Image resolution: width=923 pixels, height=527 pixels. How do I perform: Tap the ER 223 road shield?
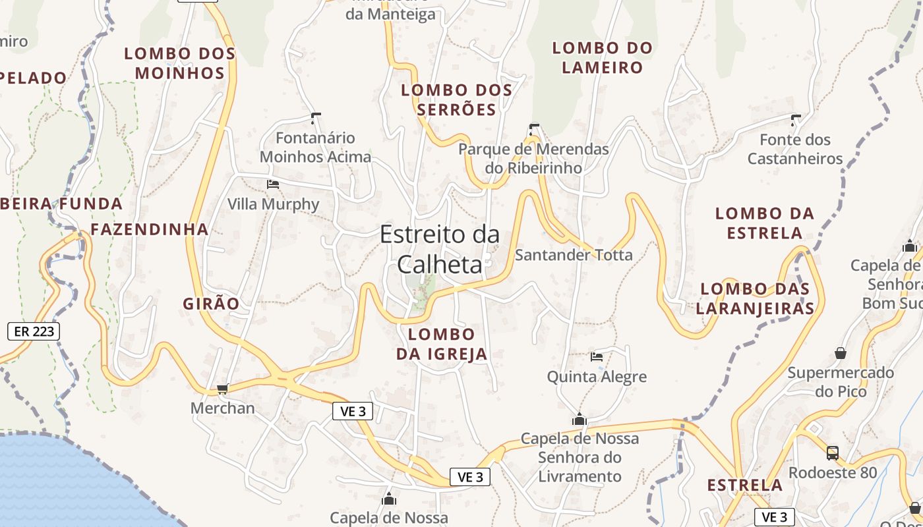(34, 331)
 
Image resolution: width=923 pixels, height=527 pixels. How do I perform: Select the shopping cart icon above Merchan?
(222, 389)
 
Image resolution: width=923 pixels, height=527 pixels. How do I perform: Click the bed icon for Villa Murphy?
(273, 184)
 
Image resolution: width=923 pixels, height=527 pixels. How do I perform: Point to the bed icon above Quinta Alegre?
(597, 357)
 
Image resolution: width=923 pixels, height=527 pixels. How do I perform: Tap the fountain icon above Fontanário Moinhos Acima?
(315, 119)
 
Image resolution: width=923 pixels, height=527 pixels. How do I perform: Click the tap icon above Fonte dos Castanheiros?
(795, 120)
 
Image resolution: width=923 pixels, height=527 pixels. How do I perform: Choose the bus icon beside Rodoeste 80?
(833, 453)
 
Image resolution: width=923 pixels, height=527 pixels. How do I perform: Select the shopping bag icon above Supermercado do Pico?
(841, 353)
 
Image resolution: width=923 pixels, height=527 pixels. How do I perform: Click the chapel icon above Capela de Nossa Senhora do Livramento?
(580, 418)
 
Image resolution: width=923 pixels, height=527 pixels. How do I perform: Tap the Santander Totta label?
(574, 255)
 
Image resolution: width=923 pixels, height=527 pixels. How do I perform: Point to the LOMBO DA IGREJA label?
(442, 344)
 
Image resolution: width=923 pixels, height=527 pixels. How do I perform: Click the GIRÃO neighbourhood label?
(211, 304)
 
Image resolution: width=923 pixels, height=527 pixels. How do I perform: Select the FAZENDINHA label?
(150, 229)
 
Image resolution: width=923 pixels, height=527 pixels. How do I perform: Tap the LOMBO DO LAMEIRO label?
(602, 57)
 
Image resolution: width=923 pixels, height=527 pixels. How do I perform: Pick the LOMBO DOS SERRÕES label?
(456, 99)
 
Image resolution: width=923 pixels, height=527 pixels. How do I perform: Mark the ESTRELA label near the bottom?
(745, 485)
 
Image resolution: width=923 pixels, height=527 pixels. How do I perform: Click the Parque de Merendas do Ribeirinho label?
(533, 158)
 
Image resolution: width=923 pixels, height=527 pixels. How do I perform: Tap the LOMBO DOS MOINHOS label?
(180, 63)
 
